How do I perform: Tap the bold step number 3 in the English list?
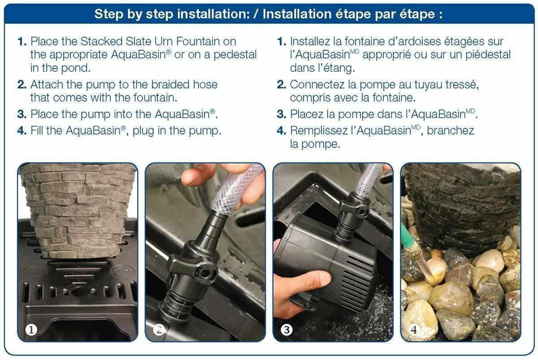[22, 114]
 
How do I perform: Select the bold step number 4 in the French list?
[282, 131]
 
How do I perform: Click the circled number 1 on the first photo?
[30, 330]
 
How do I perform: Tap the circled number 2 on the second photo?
[158, 330]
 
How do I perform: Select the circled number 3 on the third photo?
[286, 330]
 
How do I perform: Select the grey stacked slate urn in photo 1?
[76, 211]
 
